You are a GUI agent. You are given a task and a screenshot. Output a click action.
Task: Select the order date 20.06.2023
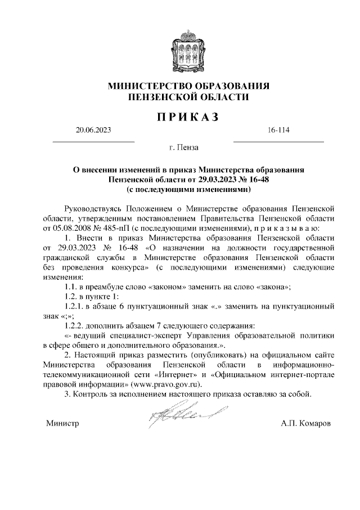click(x=93, y=131)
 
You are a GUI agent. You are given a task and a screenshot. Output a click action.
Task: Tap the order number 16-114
click(x=279, y=131)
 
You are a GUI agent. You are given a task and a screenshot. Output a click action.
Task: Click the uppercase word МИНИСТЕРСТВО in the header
click(x=147, y=86)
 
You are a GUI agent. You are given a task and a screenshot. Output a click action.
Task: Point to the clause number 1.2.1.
click(x=76, y=307)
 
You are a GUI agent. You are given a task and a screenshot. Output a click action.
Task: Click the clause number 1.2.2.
click(x=76, y=328)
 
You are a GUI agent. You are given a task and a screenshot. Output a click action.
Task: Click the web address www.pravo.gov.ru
click(x=163, y=384)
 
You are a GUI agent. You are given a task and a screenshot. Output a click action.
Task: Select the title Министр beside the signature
click(x=62, y=423)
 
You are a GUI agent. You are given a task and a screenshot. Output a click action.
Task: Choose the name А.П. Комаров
click(x=306, y=423)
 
